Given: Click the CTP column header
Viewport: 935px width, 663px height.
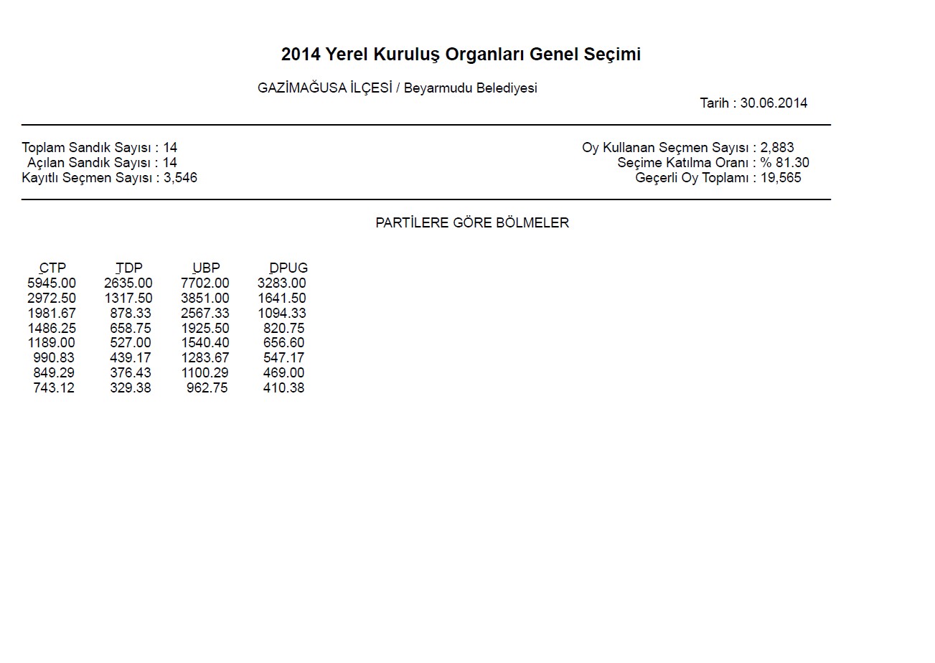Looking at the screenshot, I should (x=52, y=268).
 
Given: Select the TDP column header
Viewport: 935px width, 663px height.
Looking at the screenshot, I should (x=129, y=268).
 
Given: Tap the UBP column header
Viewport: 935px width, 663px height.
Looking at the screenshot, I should (x=206, y=268).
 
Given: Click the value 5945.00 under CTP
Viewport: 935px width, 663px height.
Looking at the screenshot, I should (x=52, y=283).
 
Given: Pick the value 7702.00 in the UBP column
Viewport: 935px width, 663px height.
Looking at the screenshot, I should (x=205, y=283).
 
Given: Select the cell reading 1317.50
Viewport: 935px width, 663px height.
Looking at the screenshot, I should (x=128, y=298).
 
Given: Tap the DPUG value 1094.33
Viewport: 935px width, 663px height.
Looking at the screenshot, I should (x=282, y=314).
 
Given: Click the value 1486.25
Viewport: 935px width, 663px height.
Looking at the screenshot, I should (x=52, y=329).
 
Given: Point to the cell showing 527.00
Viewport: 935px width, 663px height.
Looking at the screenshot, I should (x=131, y=343).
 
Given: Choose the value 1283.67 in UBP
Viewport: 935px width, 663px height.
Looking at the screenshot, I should (x=205, y=358).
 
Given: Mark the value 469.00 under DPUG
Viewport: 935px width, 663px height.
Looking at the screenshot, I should (x=283, y=373).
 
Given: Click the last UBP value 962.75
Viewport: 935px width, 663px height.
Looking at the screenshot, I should (x=207, y=388).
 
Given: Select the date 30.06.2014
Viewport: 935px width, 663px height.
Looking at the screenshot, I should (x=774, y=103).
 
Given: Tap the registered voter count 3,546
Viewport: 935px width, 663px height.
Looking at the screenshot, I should (x=181, y=178).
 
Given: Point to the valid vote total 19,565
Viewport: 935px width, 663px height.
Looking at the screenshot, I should (x=781, y=178).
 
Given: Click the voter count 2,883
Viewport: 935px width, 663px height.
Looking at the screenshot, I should (x=777, y=148).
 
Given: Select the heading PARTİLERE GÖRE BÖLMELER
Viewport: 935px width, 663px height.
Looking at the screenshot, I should (x=472, y=223).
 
